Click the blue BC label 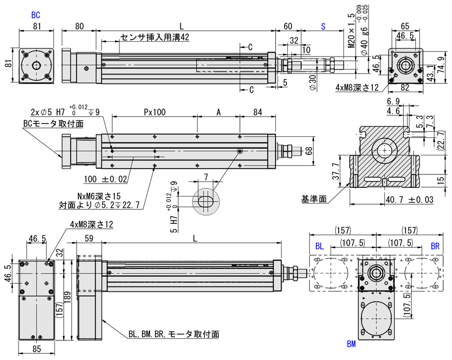(36, 15)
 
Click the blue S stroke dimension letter (323, 26)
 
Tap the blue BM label (351, 343)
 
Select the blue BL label (320, 246)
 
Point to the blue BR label (436, 246)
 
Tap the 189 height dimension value (66, 297)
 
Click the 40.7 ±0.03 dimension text (407, 199)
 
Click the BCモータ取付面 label (53, 124)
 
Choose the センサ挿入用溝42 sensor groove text (154, 38)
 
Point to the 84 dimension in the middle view (258, 112)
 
